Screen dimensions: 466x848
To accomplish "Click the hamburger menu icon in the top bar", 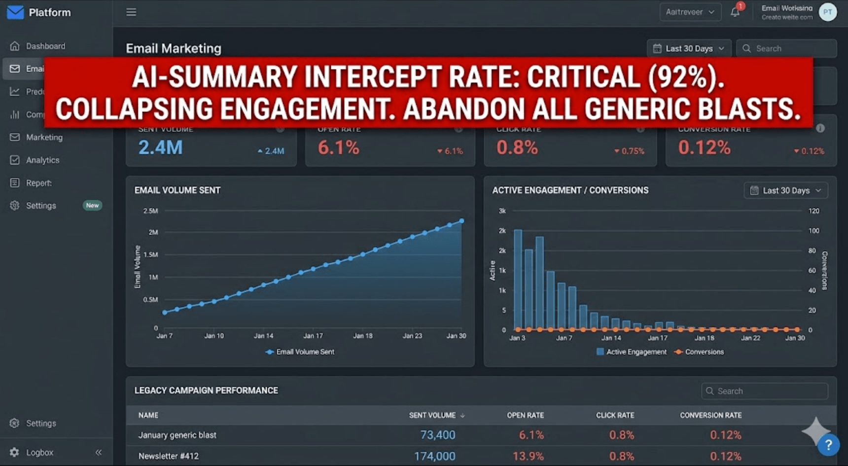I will pyautogui.click(x=131, y=12).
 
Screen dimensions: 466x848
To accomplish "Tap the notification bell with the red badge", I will pyautogui.click(x=735, y=12).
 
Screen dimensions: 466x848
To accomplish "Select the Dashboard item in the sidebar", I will pyautogui.click(x=45, y=46).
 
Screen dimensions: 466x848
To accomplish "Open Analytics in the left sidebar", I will pyautogui.click(x=42, y=160).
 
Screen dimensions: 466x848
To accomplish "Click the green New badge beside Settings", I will pyautogui.click(x=92, y=206).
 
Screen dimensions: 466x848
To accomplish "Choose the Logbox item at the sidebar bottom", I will pyautogui.click(x=39, y=452).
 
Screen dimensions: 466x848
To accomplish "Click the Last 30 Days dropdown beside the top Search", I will pyautogui.click(x=689, y=48).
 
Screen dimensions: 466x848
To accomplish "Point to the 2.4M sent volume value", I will pyautogui.click(x=160, y=147).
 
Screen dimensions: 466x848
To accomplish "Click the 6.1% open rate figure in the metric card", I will pyautogui.click(x=338, y=147).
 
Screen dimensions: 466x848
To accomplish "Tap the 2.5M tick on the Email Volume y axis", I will pyautogui.click(x=150, y=211).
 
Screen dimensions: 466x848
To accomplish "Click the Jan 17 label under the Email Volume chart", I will pyautogui.click(x=313, y=336).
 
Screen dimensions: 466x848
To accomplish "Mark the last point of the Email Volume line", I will pyautogui.click(x=462, y=221).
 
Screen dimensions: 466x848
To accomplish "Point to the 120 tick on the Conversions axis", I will pyautogui.click(x=813, y=211).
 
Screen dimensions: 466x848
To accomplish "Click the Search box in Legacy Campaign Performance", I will pyautogui.click(x=764, y=391).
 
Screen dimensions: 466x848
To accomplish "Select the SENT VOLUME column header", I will pyautogui.click(x=432, y=415).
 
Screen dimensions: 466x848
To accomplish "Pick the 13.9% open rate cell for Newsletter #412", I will pyautogui.click(x=528, y=456).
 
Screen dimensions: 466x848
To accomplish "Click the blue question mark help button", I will pyautogui.click(x=828, y=445).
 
